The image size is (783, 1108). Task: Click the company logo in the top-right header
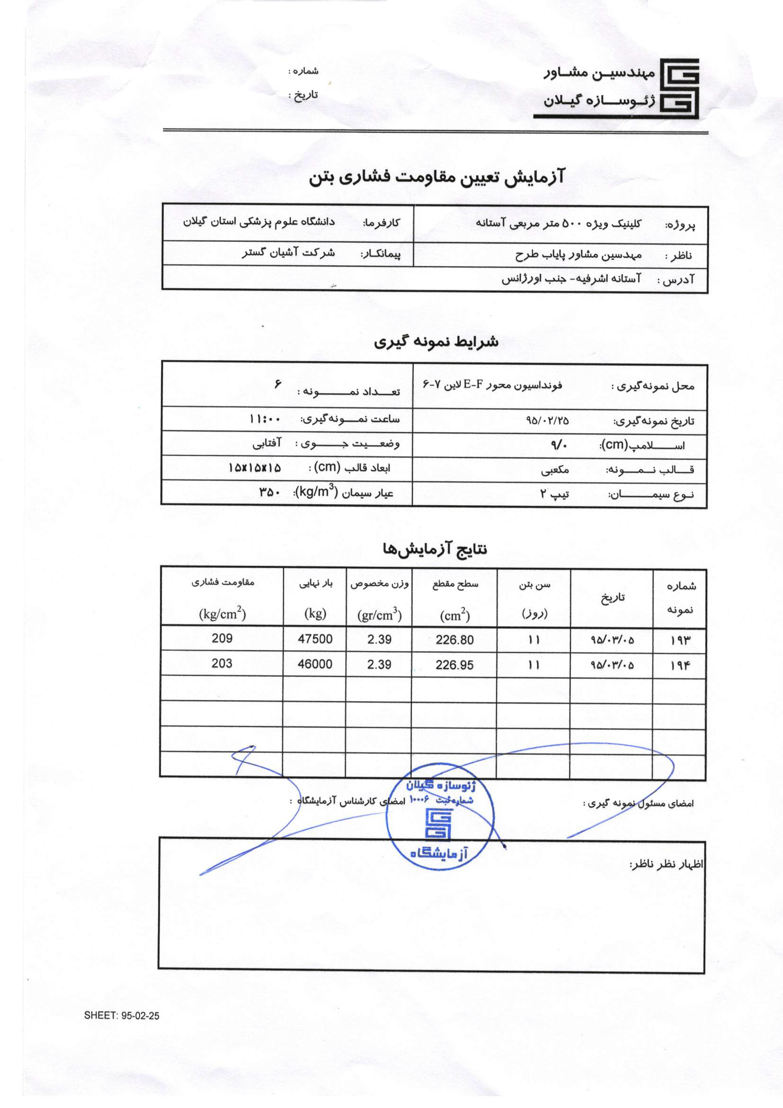tap(679, 88)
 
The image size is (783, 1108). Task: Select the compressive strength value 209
tap(222, 638)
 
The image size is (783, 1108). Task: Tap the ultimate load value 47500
tap(315, 639)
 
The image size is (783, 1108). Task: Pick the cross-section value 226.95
tap(454, 665)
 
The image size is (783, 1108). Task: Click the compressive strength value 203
tap(222, 663)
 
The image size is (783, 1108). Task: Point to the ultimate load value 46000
tap(315, 664)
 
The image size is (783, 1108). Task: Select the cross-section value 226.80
tap(454, 640)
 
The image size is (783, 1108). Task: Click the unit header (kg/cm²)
tap(222, 614)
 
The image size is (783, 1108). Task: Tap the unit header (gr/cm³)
tap(380, 615)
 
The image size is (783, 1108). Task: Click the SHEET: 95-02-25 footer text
tap(122, 1015)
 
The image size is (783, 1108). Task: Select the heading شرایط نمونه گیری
tap(436, 342)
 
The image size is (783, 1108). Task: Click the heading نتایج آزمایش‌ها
tap(435, 549)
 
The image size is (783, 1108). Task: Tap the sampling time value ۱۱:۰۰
tap(265, 418)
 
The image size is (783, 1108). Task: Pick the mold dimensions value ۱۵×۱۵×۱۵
tap(255, 468)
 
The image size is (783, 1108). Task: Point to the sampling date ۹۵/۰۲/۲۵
tap(547, 420)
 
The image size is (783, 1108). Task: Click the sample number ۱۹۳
tap(680, 640)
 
